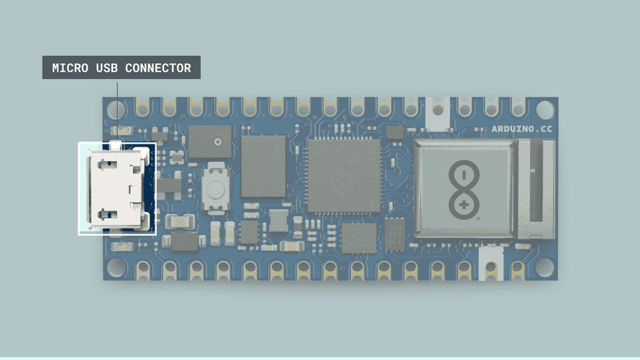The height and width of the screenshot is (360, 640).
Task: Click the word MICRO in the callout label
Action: [70, 68]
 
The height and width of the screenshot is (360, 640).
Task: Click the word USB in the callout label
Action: [106, 68]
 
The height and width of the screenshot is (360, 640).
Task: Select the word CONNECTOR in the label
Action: [158, 68]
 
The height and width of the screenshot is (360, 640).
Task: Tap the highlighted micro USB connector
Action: [117, 188]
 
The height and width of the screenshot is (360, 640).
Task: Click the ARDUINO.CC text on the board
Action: [521, 129]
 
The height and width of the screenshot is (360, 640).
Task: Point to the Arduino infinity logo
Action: [464, 190]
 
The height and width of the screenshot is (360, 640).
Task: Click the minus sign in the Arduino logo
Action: [464, 175]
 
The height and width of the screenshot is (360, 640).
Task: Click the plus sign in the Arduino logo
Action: [464, 205]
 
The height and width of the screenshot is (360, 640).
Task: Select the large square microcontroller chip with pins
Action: [344, 176]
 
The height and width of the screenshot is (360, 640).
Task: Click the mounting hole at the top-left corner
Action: [116, 110]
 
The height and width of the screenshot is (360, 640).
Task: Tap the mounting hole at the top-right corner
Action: [544, 110]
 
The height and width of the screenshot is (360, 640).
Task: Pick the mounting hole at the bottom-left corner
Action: [116, 267]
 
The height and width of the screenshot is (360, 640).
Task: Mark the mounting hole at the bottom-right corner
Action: [544, 267]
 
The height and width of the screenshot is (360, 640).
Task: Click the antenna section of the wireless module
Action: [536, 189]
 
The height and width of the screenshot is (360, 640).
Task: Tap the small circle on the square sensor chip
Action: [218, 142]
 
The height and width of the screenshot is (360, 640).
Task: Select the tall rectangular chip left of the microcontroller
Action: [263, 166]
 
